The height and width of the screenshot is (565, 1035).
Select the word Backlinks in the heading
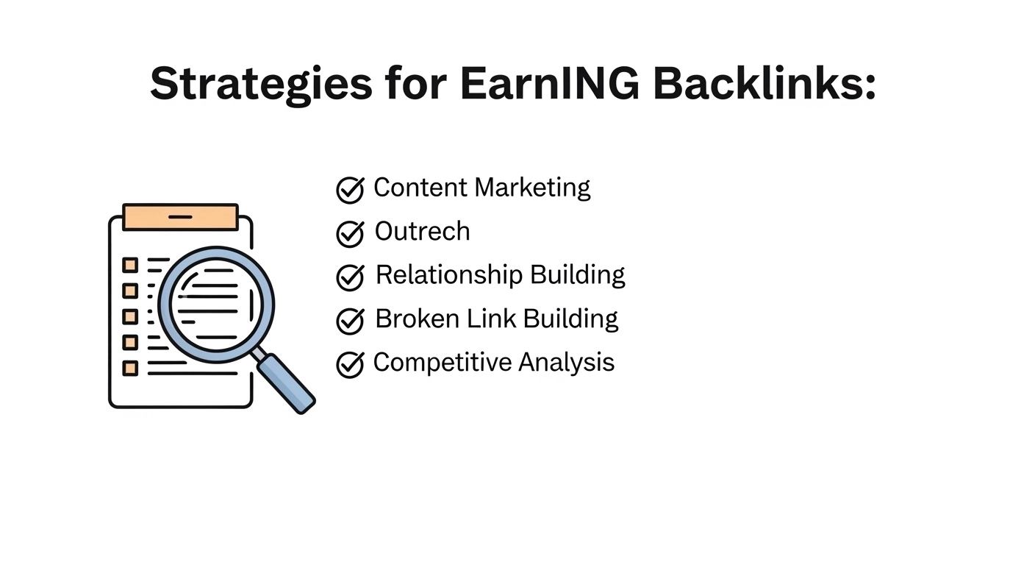tap(764, 84)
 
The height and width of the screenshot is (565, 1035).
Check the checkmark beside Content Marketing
tap(350, 190)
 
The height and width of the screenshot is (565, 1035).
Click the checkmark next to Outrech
tap(350, 234)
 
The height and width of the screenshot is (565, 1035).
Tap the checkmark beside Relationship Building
tap(350, 277)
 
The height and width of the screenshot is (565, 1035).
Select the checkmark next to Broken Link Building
tap(350, 321)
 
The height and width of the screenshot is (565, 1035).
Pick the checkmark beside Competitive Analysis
tap(350, 364)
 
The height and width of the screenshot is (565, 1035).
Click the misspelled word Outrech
tap(422, 232)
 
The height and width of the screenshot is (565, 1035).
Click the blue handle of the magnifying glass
tap(287, 383)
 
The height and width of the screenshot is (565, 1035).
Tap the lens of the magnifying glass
tap(215, 303)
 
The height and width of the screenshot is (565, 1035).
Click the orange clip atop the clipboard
tap(180, 217)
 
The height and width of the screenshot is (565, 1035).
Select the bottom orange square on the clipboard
tap(130, 368)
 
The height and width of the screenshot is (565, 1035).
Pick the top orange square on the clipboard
tap(130, 265)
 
